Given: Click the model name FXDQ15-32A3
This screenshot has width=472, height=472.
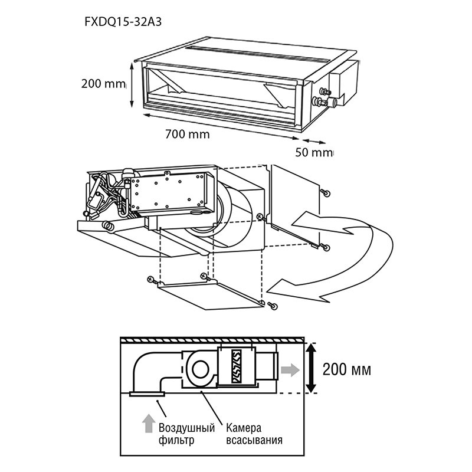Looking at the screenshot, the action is pos(123,22).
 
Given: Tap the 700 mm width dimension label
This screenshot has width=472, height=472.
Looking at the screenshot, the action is pos(187,134).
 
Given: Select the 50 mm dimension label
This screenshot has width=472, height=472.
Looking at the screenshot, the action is pos(314,152).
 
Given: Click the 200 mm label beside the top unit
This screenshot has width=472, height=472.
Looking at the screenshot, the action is pos(103,83).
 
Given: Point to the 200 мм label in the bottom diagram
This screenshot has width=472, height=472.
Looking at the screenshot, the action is pos(347,369).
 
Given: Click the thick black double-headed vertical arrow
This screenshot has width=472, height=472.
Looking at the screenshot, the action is pos(312,368).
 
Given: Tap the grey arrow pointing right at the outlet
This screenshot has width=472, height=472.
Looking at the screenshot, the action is pos(290,370).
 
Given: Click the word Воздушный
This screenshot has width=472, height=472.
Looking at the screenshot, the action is pos(186,428).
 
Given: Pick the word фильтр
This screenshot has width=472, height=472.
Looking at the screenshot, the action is pos(176,441).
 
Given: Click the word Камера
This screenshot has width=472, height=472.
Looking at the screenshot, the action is pos(244,427).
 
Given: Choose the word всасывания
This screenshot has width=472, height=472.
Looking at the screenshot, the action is pos(254,440).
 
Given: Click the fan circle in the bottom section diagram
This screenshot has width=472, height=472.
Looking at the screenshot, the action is pos(200,370).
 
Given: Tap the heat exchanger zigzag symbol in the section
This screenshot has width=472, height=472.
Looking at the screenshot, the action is pos(236,366).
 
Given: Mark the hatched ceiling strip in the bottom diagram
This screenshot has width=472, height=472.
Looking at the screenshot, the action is pos(212,340).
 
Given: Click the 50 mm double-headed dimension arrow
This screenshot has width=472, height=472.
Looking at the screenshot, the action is pos(314,141).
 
